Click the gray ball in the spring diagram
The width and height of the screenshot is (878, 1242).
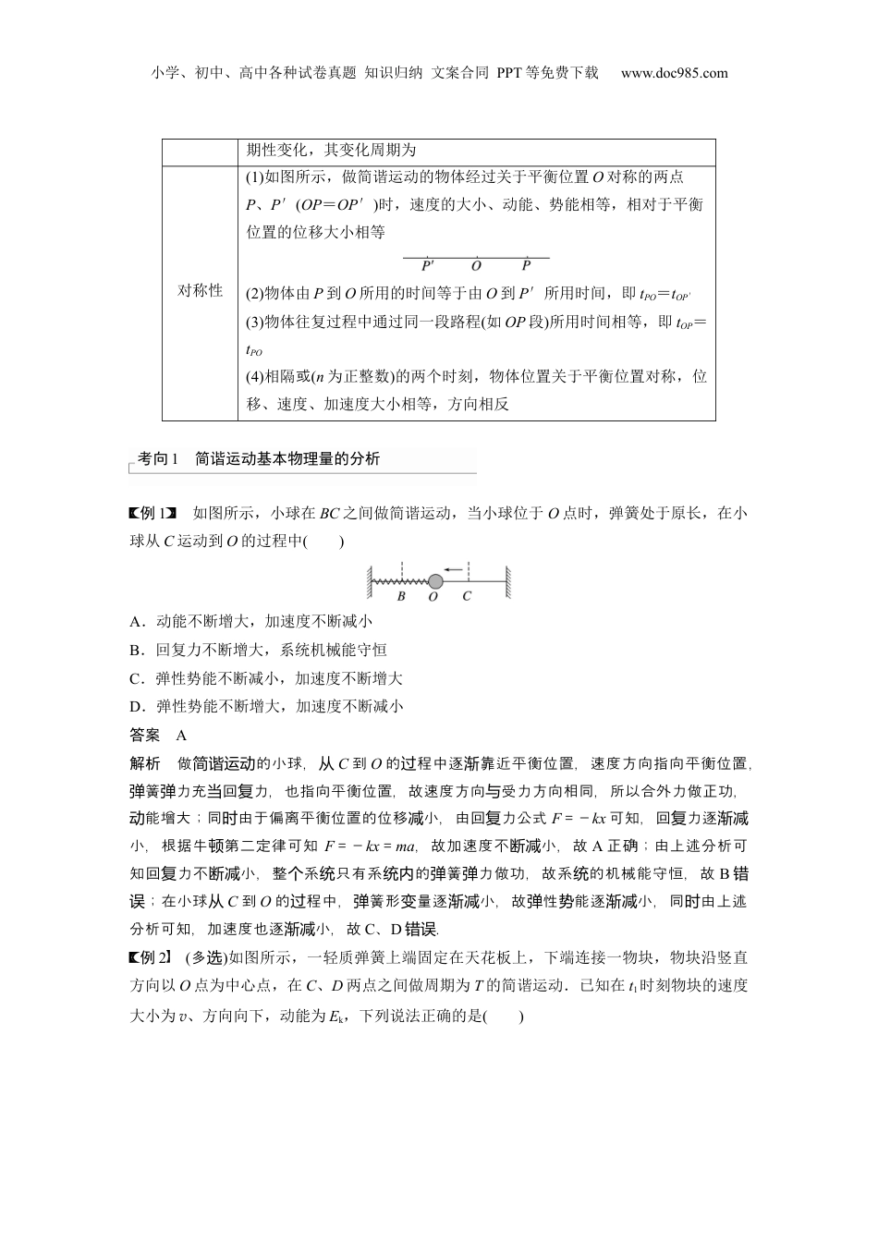(x=434, y=580)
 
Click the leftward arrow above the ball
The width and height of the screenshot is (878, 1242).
(x=452, y=569)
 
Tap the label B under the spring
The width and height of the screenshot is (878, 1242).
(x=401, y=597)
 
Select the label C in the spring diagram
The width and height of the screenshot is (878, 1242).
(x=467, y=597)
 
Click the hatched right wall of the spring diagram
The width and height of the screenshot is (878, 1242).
(x=508, y=581)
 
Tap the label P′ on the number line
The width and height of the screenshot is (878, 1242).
(x=428, y=266)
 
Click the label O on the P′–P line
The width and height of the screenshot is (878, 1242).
(x=476, y=266)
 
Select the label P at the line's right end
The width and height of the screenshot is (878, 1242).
(x=526, y=266)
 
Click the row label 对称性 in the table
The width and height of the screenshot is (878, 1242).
(x=200, y=290)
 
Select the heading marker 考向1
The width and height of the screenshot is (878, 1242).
(x=157, y=459)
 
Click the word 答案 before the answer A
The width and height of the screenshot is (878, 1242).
(x=145, y=736)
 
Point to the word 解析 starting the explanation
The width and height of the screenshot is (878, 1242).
(x=145, y=764)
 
